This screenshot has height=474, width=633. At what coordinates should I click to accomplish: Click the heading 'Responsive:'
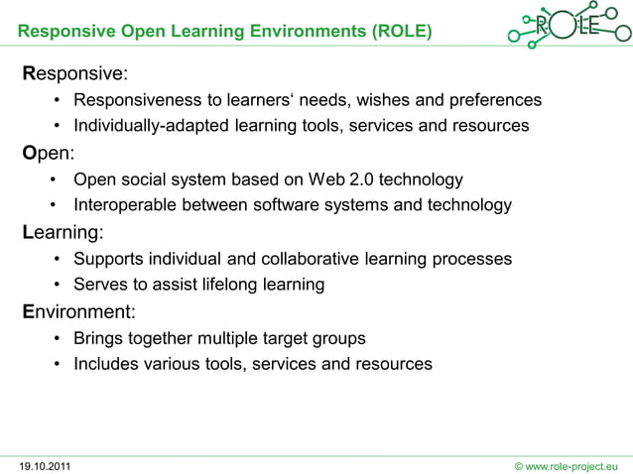coord(75,74)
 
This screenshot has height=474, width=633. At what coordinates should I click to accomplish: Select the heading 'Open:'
coord(49,154)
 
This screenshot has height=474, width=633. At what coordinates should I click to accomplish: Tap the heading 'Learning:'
coord(63,233)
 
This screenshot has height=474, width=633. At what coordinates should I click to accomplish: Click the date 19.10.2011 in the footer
coord(45,464)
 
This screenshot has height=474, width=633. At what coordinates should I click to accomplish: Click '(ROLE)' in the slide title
coord(402,32)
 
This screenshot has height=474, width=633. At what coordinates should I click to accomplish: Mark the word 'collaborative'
coord(311,259)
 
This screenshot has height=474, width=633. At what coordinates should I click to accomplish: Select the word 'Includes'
coord(105,364)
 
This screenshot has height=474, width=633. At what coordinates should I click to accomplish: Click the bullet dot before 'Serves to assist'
coord(60,285)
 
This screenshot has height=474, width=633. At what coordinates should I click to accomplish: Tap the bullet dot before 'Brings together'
coord(60,338)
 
